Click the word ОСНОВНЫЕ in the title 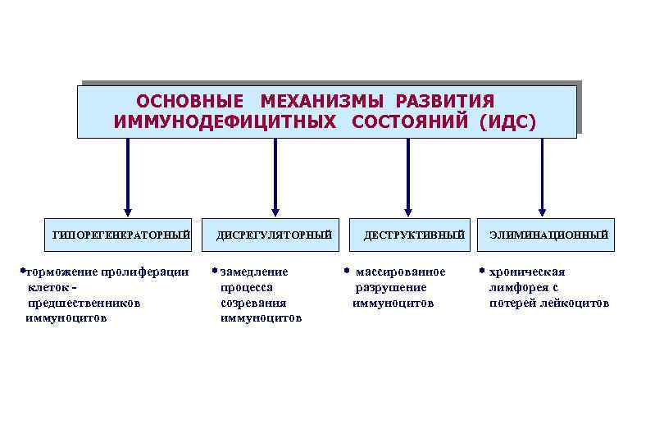pos(189,102)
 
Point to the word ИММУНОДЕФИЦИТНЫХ pos(225,122)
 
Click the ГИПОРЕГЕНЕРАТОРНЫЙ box pos(121,235)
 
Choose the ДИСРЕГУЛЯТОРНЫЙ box pos(275,235)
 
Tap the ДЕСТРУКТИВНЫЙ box pos(414,235)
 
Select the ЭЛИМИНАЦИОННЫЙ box pos(549,235)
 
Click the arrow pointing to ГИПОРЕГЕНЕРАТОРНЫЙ pos(127,176)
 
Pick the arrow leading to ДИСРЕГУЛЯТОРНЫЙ pos(275,176)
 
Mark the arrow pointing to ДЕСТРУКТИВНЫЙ pos(408,176)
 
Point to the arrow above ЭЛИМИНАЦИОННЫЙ pos(542,176)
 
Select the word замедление pos(254,272)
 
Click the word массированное pos(400,272)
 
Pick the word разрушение pos(390,287)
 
